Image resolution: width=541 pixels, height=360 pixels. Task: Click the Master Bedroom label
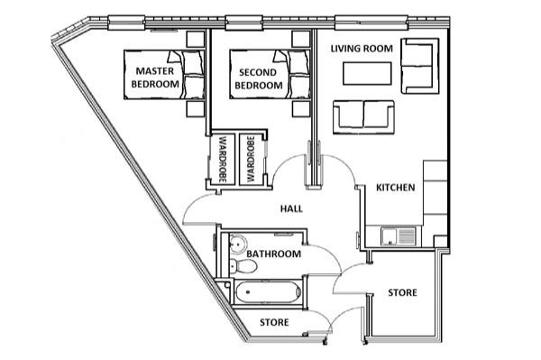155,78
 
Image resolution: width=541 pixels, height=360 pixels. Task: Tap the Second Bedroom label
259,79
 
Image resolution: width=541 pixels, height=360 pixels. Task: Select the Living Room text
362,49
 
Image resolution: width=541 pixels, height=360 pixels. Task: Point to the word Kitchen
396,188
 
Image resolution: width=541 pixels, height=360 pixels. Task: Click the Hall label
291,208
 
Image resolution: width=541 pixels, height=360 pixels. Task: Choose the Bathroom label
273,254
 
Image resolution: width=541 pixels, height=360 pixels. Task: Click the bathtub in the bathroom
268,292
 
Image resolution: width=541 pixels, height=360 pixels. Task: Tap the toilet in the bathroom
243,266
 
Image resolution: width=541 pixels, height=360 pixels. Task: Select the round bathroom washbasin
237,244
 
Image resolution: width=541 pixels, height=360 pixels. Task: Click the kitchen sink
399,236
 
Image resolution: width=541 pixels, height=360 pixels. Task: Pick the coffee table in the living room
367,73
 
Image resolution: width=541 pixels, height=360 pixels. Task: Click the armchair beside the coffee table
420,66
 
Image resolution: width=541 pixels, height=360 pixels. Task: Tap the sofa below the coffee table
363,117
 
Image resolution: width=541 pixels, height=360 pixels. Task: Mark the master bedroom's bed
164,75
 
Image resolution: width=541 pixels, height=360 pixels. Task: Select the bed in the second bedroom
270,75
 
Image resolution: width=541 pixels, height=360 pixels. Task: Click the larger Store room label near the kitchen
402,292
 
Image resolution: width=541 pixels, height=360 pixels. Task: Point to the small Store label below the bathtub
274,322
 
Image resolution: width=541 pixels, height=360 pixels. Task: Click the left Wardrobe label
223,159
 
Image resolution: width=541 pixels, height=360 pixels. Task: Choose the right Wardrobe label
251,159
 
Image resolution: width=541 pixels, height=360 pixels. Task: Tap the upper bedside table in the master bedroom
196,39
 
